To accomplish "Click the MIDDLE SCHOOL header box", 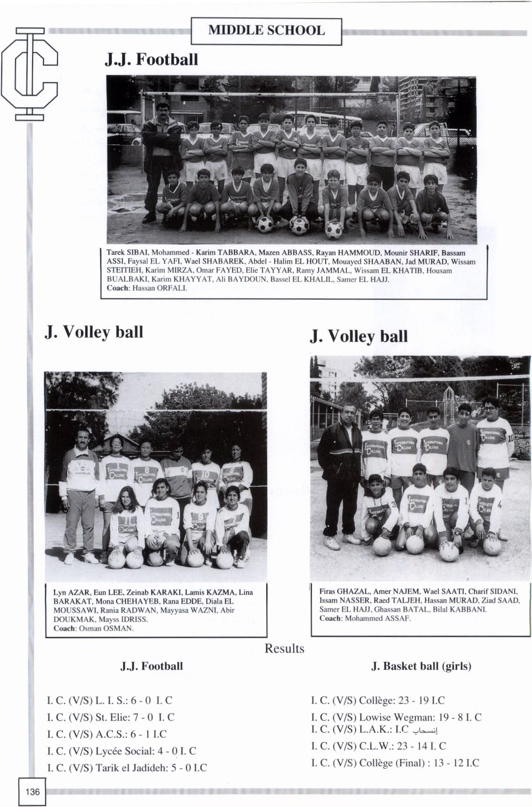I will pos(266,31).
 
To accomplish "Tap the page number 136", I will pos(33,792).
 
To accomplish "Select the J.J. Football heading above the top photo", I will pos(151,60).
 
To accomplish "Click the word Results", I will pos(284,649).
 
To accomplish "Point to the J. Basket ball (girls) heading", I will pos(421,666).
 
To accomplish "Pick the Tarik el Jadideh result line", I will pos(127,768).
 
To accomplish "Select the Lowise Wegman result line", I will pos(396,717).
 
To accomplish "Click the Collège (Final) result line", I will pos(395,763).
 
